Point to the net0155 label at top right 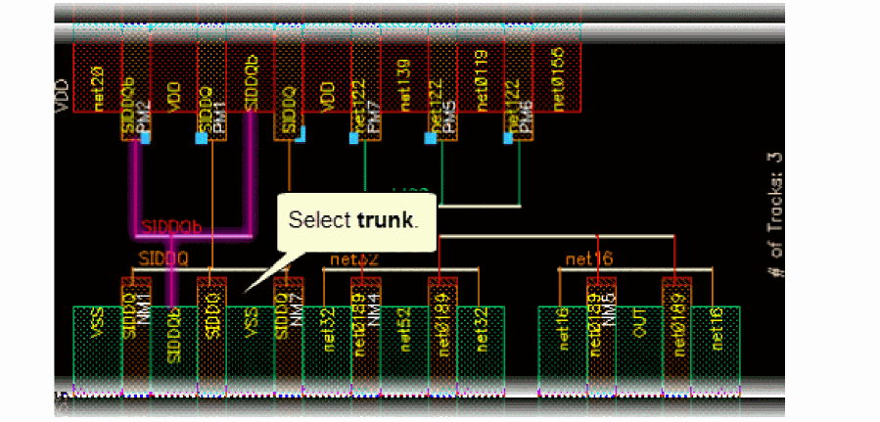coord(557,69)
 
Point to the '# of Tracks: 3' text coord(776,211)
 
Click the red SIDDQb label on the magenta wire coord(172,227)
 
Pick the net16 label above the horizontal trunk coord(586,258)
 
